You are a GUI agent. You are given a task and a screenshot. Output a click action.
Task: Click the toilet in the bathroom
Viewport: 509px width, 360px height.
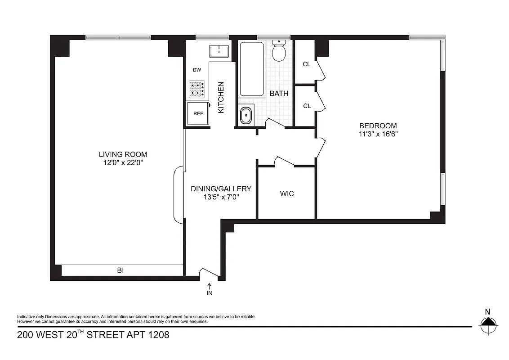[279, 52]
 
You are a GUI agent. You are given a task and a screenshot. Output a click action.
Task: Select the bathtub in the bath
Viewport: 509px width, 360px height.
[251, 69]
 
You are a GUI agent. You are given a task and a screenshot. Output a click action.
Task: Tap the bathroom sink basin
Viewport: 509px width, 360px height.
[246, 116]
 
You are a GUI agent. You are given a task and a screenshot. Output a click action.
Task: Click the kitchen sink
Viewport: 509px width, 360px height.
[219, 51]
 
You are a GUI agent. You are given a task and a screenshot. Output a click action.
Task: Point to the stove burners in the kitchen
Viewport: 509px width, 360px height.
[196, 89]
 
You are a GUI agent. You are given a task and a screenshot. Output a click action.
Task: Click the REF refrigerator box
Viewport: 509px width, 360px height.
[198, 113]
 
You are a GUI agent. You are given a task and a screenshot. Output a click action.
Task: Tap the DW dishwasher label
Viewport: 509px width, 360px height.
[196, 70]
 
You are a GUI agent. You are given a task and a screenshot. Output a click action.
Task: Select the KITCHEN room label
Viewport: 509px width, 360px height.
[221, 97]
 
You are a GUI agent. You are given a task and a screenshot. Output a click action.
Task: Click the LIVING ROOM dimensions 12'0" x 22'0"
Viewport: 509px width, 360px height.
[123, 162]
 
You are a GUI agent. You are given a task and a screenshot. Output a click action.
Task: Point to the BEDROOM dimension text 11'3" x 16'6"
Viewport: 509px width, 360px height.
[378, 134]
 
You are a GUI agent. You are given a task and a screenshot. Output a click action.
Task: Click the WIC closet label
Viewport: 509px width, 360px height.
[287, 193]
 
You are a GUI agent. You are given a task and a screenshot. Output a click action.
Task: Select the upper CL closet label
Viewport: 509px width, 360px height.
[307, 64]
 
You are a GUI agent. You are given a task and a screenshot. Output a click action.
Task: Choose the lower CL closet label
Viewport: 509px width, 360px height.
[307, 106]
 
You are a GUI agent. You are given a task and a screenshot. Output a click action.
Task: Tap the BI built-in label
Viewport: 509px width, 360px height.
[120, 270]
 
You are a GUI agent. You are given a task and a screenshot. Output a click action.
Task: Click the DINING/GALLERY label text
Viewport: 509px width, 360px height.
[221, 189]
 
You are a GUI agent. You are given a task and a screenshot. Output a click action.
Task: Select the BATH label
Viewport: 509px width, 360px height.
[279, 94]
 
